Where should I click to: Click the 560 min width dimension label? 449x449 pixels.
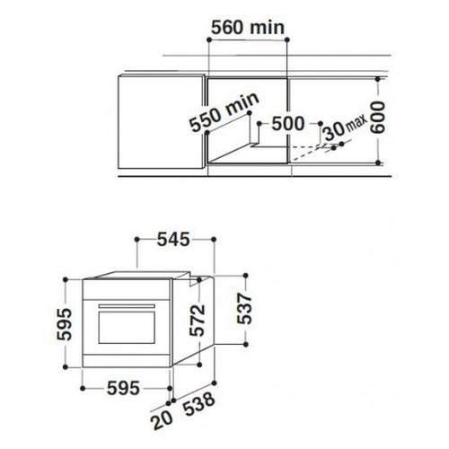coord(245,27)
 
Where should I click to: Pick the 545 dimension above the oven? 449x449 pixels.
coord(175,239)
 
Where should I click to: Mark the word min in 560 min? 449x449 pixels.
coord(267,27)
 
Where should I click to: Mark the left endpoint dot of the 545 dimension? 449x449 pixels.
coord(135,239)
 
